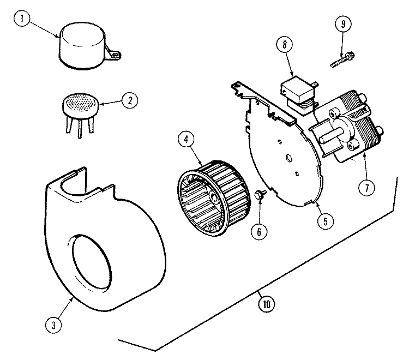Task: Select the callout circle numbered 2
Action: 129,100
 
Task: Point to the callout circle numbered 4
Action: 186,140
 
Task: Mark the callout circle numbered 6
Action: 259,231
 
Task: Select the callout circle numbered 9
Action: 343,25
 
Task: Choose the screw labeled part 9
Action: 342,60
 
